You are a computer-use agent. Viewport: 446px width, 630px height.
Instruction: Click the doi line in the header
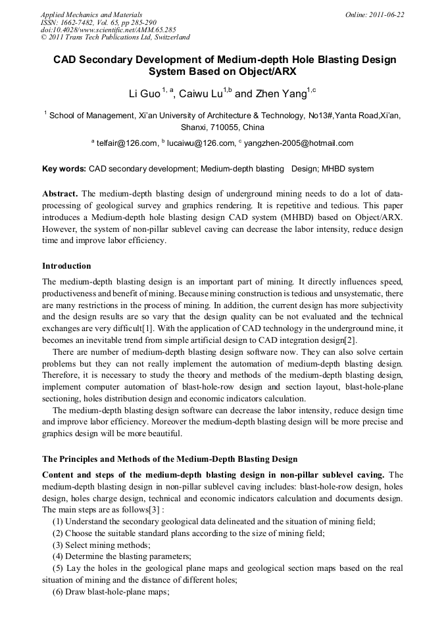108,30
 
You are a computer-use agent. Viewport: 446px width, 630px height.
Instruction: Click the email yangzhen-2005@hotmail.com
299,143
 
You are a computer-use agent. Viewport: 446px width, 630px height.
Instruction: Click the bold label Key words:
64,169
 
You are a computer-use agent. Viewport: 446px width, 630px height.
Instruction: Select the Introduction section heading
66,266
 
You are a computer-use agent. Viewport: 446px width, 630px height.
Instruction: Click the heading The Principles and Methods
170,459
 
